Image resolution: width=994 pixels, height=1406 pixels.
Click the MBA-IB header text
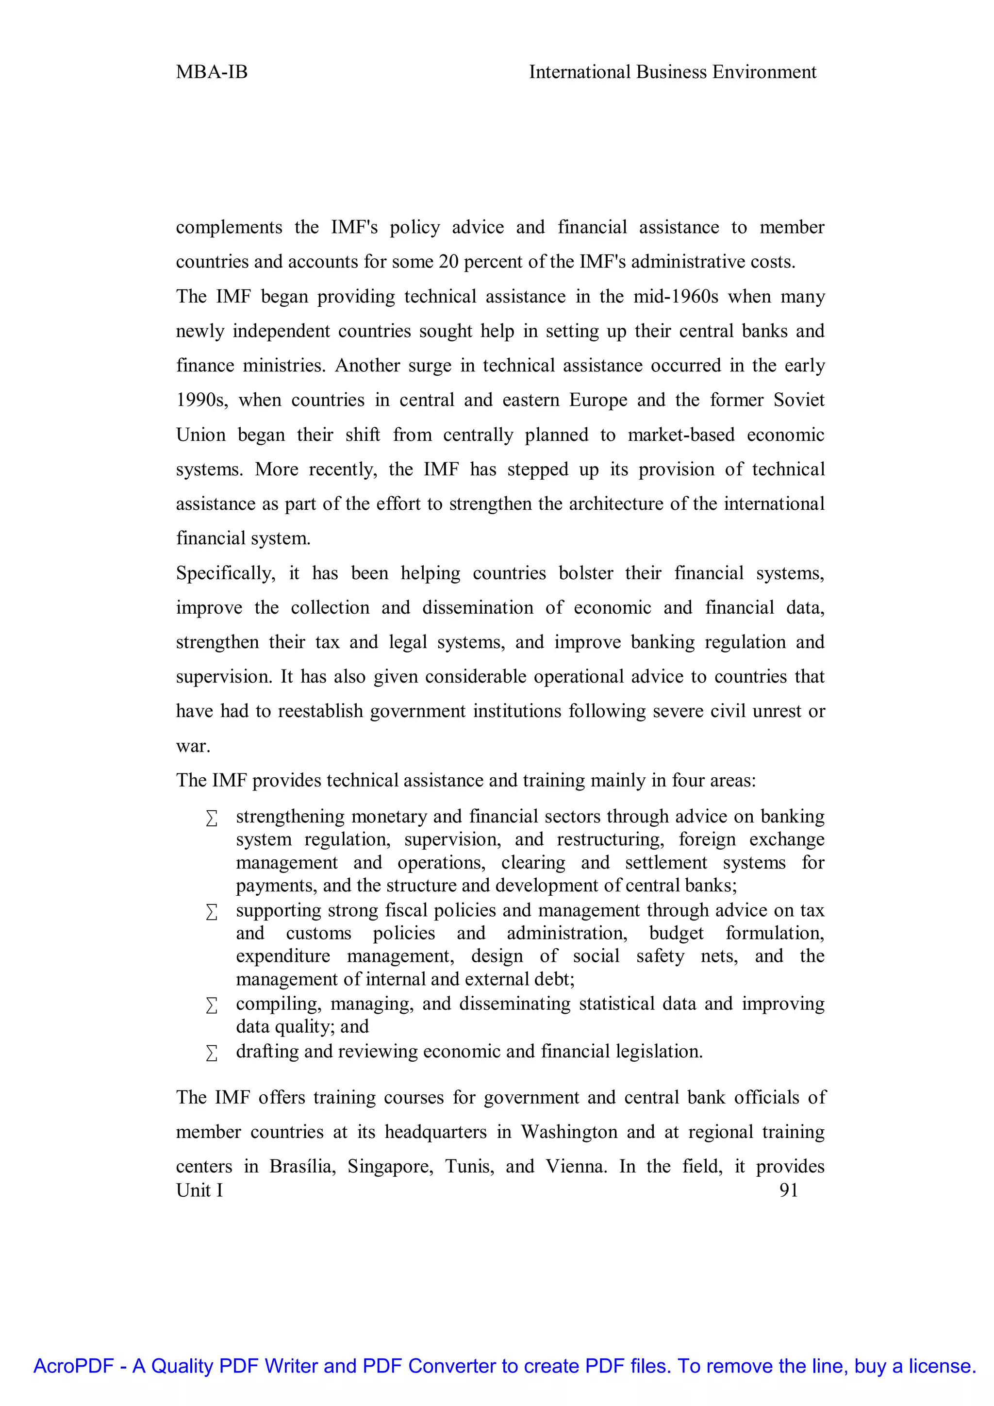(212, 72)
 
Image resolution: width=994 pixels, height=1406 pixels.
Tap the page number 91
(788, 1190)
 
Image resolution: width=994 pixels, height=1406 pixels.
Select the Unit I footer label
(199, 1190)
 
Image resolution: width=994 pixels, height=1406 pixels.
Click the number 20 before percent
(448, 262)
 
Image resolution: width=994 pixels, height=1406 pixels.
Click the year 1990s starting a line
(202, 401)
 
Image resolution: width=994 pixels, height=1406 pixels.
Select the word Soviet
(799, 401)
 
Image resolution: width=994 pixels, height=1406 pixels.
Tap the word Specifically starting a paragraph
(225, 573)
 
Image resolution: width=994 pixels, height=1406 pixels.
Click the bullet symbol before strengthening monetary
(212, 818)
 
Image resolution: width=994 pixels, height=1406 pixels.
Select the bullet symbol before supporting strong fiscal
(212, 912)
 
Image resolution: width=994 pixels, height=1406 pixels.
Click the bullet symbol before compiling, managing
(212, 1005)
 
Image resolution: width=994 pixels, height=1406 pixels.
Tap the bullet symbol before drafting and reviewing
(212, 1053)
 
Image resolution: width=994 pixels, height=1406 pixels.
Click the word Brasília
(302, 1167)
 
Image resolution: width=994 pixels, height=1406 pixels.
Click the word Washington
(569, 1132)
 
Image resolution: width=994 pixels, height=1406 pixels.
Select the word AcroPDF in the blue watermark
(73, 1366)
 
